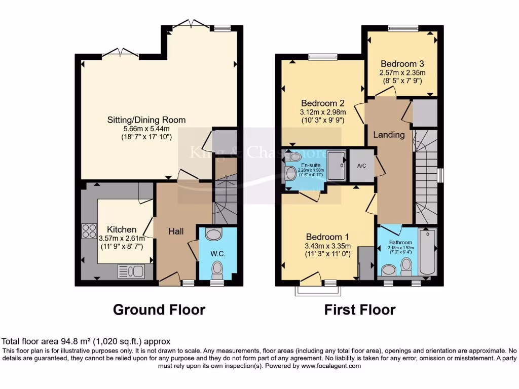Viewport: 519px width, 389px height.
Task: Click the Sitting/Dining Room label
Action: (x=146, y=120)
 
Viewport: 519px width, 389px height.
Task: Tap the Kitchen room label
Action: (x=121, y=229)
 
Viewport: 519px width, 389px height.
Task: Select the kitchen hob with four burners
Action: (x=90, y=231)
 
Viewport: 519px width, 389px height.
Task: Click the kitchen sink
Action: (x=131, y=272)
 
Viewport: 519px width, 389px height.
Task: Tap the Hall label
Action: (x=176, y=231)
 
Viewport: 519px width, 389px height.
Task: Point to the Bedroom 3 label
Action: (x=402, y=64)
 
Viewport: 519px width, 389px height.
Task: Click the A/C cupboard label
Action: (x=362, y=165)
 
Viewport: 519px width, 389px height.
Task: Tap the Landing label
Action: (x=389, y=135)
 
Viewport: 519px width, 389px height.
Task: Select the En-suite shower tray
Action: (x=337, y=165)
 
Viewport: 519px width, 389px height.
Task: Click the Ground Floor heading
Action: (x=159, y=309)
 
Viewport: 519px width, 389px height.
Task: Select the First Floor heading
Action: (x=360, y=309)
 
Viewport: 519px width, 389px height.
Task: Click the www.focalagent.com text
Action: (x=331, y=366)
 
